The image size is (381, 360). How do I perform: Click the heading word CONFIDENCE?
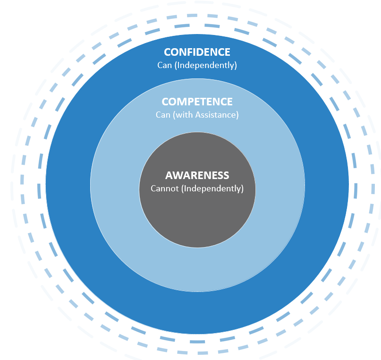pyautogui.click(x=197, y=52)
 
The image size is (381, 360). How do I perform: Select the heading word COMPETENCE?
pyautogui.click(x=197, y=102)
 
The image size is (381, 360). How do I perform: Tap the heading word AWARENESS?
pyautogui.click(x=197, y=176)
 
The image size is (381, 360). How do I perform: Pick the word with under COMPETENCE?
pyautogui.click(x=185, y=115)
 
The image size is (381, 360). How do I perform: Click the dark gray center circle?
pyautogui.click(x=197, y=222)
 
